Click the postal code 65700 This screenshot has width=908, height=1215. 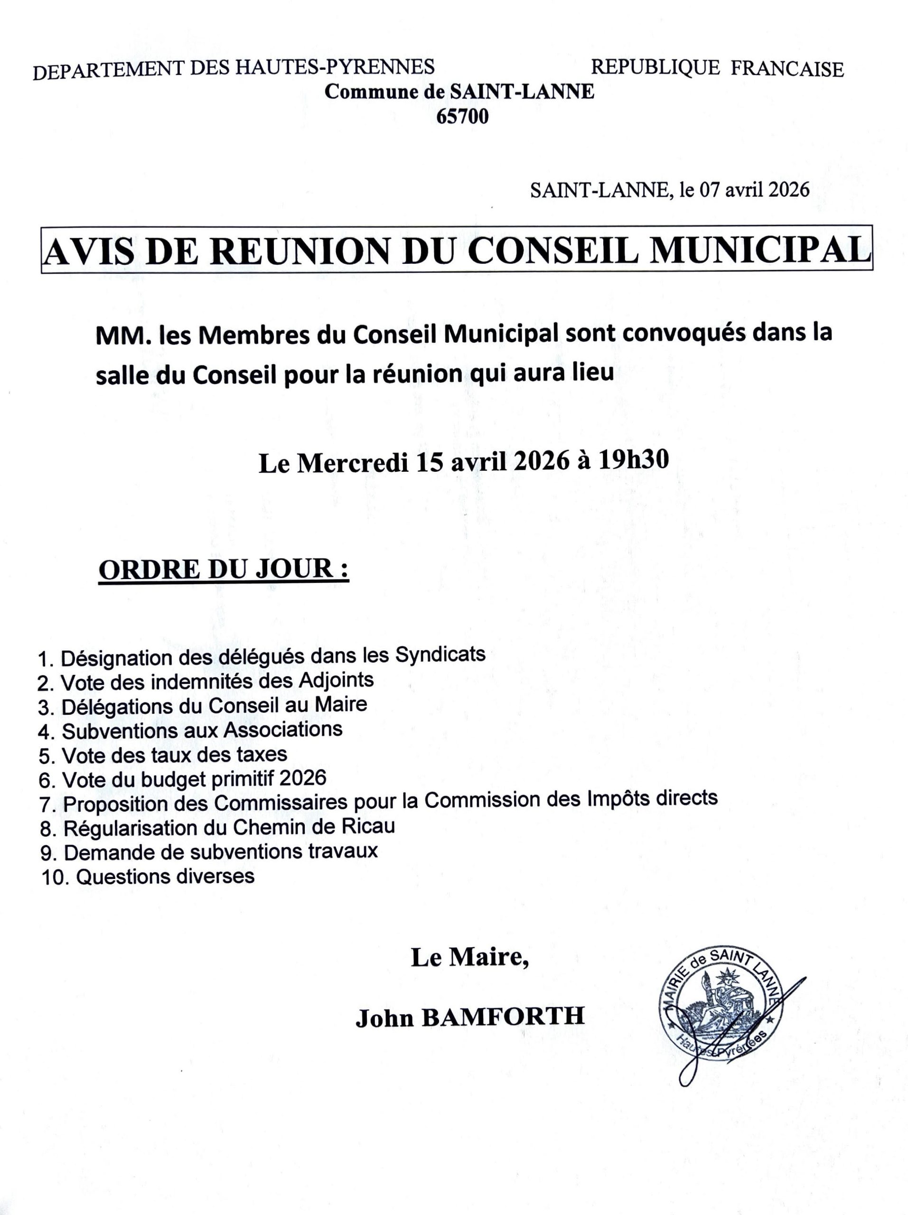click(x=461, y=117)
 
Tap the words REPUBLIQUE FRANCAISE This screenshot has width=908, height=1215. click(x=717, y=68)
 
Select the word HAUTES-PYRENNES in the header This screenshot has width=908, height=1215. click(x=335, y=67)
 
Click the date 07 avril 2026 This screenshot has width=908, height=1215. click(x=754, y=190)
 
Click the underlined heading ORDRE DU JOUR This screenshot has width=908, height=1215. click(x=223, y=569)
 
